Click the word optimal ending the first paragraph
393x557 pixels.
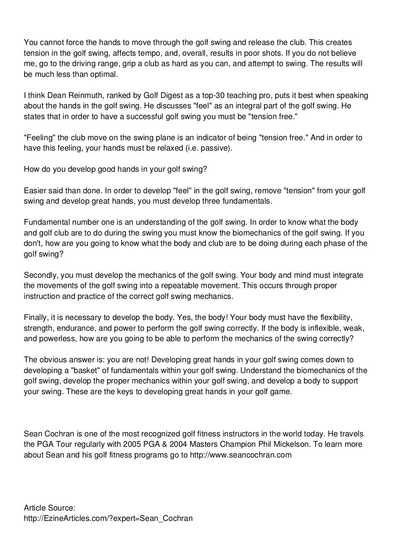[x=104, y=75]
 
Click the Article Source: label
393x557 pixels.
[x=49, y=508]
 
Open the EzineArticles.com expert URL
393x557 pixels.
[x=108, y=519]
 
